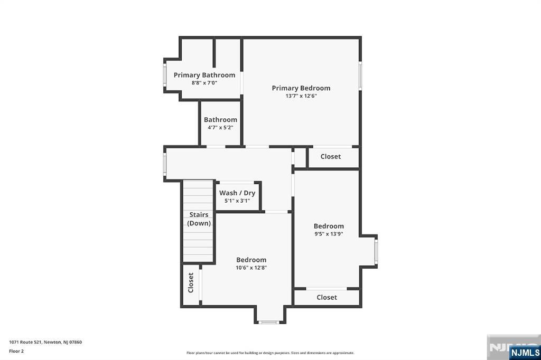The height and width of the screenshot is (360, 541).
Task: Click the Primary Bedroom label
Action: pos(301,88)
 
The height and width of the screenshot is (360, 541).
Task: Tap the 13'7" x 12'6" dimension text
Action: pos(301,96)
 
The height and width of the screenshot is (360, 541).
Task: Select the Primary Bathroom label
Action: pos(204,75)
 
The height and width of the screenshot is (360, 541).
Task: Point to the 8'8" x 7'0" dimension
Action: pos(204,83)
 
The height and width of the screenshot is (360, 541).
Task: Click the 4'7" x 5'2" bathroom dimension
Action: pos(220,127)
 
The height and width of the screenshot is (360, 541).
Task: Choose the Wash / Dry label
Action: pos(237,193)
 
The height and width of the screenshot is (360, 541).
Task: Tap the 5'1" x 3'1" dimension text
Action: pos(237,201)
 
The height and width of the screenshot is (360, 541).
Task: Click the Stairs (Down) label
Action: pos(199,219)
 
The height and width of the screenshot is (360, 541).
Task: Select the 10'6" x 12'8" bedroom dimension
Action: pos(251,268)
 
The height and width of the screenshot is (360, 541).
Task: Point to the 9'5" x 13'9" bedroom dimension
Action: pos(329,234)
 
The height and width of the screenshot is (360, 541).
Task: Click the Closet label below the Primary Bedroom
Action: pos(331,156)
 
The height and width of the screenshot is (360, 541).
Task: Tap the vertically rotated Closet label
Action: pos(191,282)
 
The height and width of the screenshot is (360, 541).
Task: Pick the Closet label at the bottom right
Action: pos(327,297)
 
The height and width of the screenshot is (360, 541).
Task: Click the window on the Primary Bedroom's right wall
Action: pos(360,75)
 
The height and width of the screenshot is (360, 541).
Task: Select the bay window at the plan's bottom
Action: pos(269,322)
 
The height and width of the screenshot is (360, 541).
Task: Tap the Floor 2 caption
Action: pos(16,350)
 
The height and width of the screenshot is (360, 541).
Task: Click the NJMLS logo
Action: pos(524,352)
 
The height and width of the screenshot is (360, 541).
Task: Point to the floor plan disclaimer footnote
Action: pos(270,353)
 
